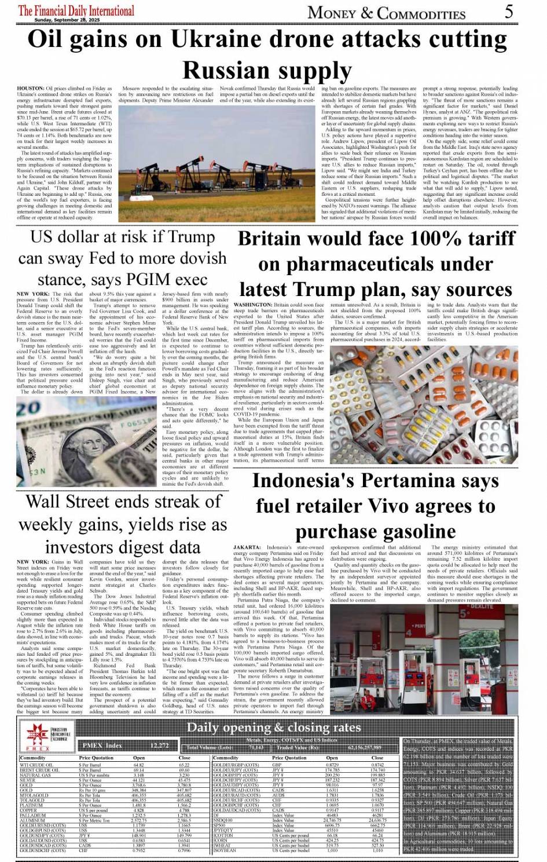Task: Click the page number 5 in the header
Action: pos(509,11)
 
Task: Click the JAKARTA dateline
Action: pos(247,547)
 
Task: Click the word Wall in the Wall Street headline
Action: pos(47,502)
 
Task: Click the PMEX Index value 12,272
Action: pos(159,746)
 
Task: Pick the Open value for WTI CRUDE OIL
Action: pos(138,765)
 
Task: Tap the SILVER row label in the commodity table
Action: pos(27,780)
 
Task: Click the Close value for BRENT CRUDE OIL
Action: pos(184,770)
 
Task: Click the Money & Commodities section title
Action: pos(386,13)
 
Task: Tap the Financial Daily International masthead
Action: pos(76,10)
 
